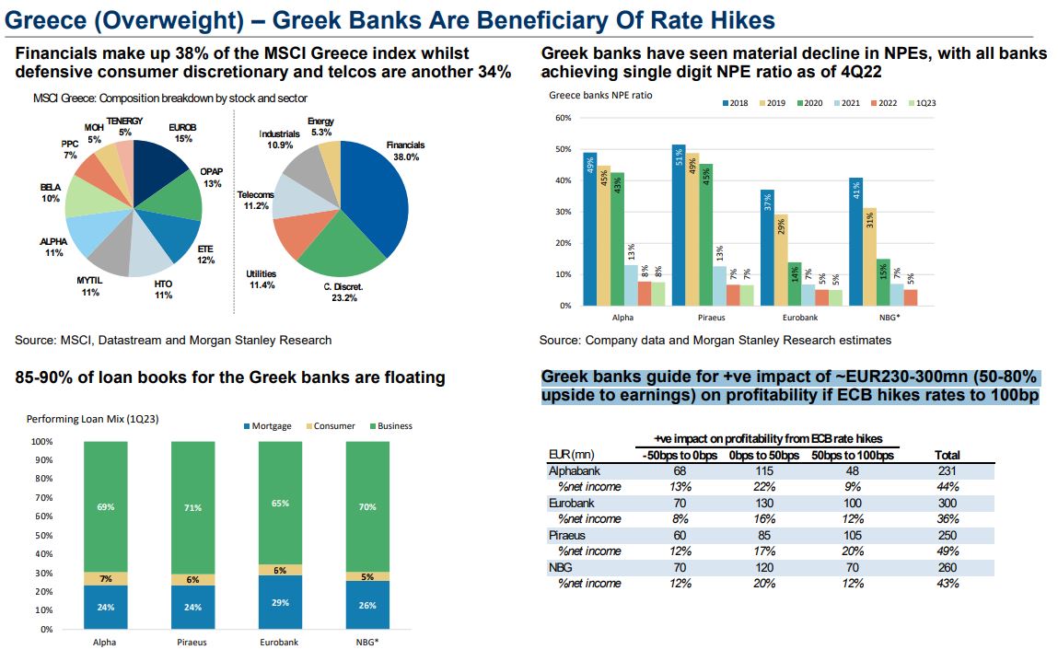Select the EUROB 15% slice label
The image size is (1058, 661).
[182, 133]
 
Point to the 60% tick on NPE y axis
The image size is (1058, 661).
[564, 118]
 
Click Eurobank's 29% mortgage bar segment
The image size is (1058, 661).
[281, 602]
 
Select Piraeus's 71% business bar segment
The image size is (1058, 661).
[192, 507]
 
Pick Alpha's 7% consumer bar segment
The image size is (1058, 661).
[105, 578]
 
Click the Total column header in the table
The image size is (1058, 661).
[947, 455]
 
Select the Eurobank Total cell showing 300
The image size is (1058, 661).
[947, 503]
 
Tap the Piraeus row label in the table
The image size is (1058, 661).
[567, 535]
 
